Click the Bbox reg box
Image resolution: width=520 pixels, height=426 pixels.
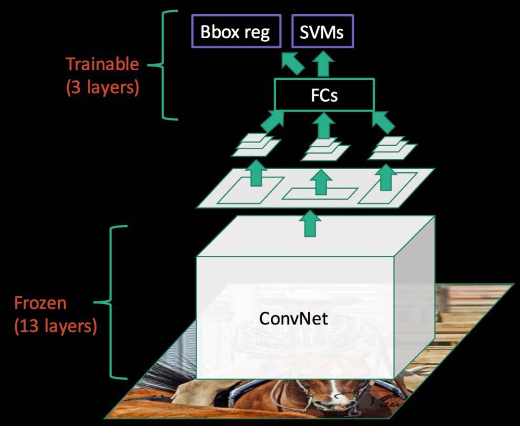click(x=235, y=32)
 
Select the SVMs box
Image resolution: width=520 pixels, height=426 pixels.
click(x=322, y=32)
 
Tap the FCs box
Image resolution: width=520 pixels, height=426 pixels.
click(x=324, y=95)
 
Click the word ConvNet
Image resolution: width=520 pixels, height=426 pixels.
click(x=294, y=318)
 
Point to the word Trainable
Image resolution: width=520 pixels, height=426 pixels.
click(x=102, y=64)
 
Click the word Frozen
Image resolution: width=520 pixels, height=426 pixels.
click(x=40, y=303)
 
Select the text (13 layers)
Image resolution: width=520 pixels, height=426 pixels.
click(x=55, y=326)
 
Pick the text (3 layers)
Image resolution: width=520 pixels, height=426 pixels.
click(x=102, y=87)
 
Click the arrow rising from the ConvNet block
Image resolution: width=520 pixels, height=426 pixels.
click(x=311, y=223)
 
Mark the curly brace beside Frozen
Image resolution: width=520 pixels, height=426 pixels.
click(x=115, y=302)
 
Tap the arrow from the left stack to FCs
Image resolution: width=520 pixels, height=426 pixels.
click(x=271, y=121)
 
